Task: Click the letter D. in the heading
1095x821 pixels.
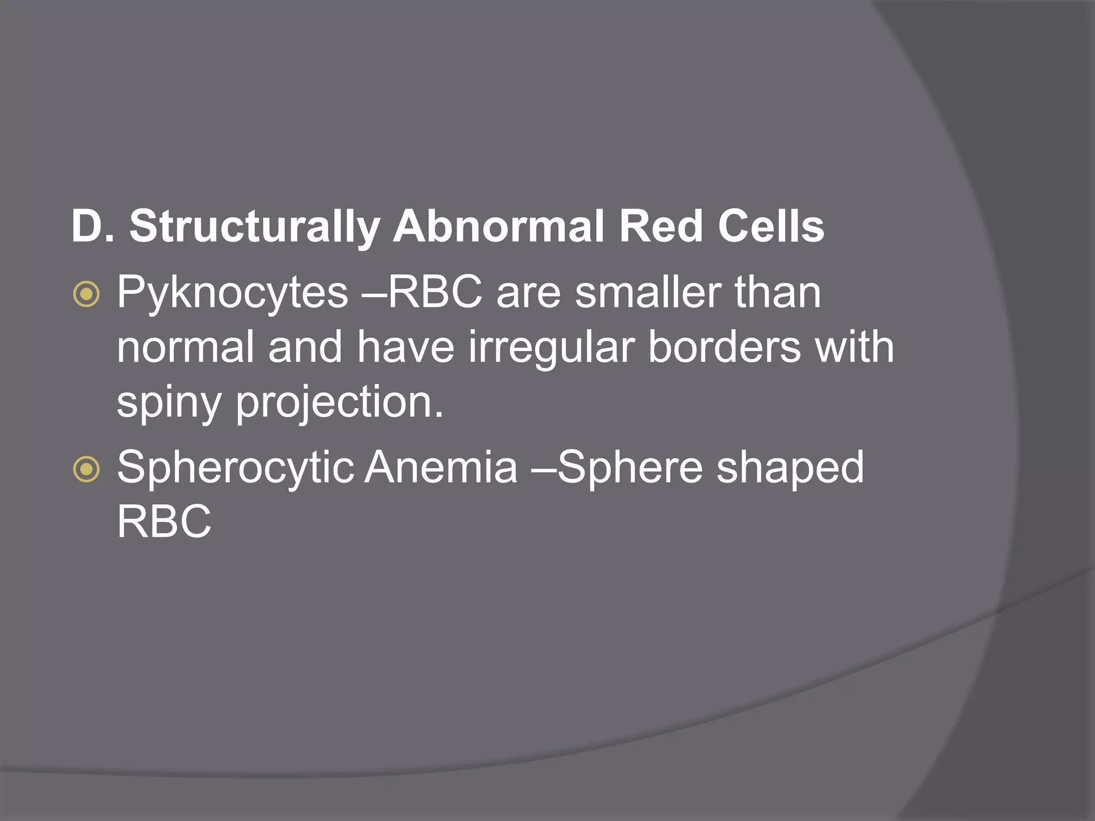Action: pyautogui.click(x=92, y=227)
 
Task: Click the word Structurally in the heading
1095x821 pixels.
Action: pyautogui.click(x=254, y=227)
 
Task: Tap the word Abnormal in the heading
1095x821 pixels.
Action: pyautogui.click(x=498, y=227)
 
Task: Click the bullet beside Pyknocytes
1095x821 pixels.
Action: pyautogui.click(x=86, y=293)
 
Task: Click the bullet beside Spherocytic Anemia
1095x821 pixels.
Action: pyautogui.click(x=86, y=469)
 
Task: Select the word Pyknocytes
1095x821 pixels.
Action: pyautogui.click(x=233, y=293)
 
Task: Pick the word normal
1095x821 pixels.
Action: pyautogui.click(x=185, y=347)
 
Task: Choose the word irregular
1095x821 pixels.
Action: pyautogui.click(x=551, y=347)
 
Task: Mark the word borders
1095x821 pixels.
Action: pyautogui.click(x=724, y=347)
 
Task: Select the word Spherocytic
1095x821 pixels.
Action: pyautogui.click(x=235, y=468)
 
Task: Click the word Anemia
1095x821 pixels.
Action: pyautogui.click(x=441, y=468)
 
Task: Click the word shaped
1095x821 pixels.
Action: pyautogui.click(x=790, y=468)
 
